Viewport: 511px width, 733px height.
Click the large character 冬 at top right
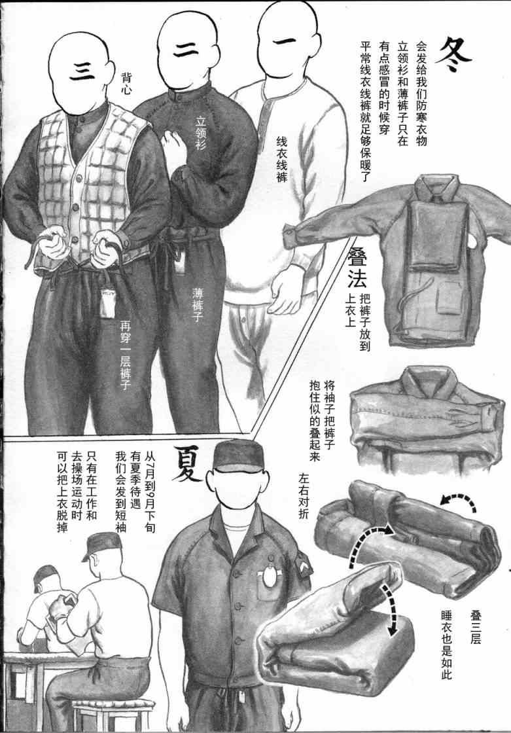click(453, 55)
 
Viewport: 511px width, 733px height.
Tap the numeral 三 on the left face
click(82, 71)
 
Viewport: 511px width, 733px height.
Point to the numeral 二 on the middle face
click(186, 50)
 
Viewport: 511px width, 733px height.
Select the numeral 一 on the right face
click(284, 42)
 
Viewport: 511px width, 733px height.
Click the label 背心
click(126, 84)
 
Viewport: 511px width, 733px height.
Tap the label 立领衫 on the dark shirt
click(201, 134)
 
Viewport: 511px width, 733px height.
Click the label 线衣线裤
click(281, 159)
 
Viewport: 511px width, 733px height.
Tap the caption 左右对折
click(304, 496)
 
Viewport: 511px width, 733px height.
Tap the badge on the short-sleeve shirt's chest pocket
click(269, 575)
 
